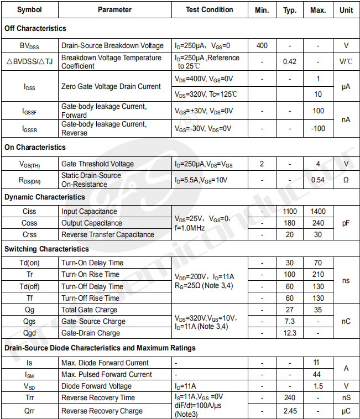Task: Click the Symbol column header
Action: tap(29, 9)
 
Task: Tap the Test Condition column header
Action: tap(209, 9)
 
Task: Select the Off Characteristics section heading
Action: tap(35, 28)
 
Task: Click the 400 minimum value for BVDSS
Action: tap(262, 45)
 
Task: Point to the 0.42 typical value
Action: tap(290, 61)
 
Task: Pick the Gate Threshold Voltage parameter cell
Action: tap(97, 164)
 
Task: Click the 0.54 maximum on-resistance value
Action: tap(318, 180)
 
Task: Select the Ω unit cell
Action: tap(346, 180)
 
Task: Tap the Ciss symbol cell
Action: tap(29, 211)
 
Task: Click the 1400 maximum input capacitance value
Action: tap(318, 211)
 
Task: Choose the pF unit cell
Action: tap(346, 223)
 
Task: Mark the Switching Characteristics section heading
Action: tap(46, 249)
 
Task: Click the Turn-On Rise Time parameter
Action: tap(90, 274)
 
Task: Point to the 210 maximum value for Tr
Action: tap(318, 274)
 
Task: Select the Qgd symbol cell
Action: tap(29, 333)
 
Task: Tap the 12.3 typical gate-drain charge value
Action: tap(290, 333)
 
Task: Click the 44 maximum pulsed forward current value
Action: tap(318, 374)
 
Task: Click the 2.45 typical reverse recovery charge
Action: tap(290, 411)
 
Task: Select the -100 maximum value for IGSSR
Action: tap(318, 129)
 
